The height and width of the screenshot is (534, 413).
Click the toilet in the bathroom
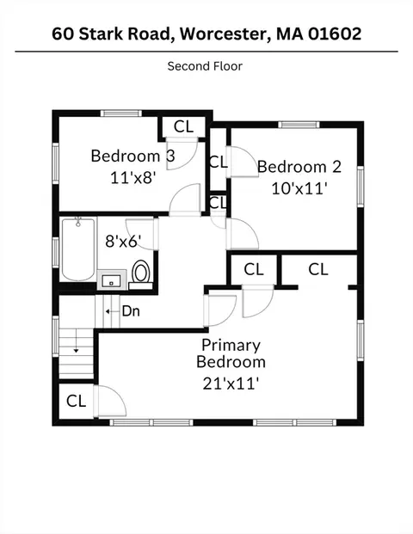click(x=141, y=274)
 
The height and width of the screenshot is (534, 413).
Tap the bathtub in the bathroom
click(x=78, y=249)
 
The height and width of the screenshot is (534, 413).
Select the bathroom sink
click(x=111, y=280)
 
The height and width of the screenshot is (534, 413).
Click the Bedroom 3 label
click(x=133, y=156)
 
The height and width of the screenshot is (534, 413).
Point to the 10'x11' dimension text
click(x=299, y=188)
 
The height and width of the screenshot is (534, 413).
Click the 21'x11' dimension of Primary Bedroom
click(x=231, y=384)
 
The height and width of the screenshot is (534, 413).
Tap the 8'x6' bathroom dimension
click(x=123, y=242)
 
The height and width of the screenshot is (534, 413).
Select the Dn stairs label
click(x=131, y=311)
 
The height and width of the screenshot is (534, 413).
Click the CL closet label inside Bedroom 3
click(x=183, y=126)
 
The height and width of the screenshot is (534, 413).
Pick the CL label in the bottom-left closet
click(x=76, y=401)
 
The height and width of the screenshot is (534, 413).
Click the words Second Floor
click(x=205, y=66)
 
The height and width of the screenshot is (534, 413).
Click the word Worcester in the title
click(x=225, y=34)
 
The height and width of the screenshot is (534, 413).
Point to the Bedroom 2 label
click(x=299, y=167)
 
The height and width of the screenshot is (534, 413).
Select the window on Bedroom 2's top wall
click(x=299, y=125)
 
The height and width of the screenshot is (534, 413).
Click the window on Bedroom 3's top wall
click(x=121, y=114)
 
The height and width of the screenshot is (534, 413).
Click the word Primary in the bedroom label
click(x=231, y=346)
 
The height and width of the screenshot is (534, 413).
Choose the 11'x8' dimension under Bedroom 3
click(x=133, y=177)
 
